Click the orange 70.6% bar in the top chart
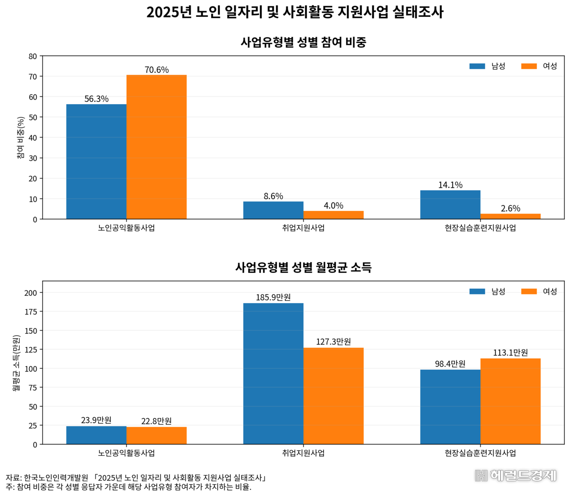(156, 147)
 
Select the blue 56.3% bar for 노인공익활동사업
(96, 162)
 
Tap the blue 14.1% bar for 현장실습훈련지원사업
(450, 205)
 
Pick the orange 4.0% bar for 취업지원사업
(334, 215)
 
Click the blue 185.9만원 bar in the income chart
(273, 373)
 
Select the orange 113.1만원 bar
(510, 401)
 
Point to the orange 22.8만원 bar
(156, 436)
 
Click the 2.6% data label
(510, 208)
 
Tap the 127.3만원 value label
(334, 342)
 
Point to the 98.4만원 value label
(450, 364)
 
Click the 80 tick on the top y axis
(33, 56)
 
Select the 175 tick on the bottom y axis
(31, 311)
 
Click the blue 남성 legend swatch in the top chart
(477, 66)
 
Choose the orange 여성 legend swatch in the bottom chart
(529, 291)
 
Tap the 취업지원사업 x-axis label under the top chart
(303, 228)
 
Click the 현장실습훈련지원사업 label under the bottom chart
(480, 453)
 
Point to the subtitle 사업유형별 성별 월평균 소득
(303, 267)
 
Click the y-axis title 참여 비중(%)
(21, 137)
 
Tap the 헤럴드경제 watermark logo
(515, 475)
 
